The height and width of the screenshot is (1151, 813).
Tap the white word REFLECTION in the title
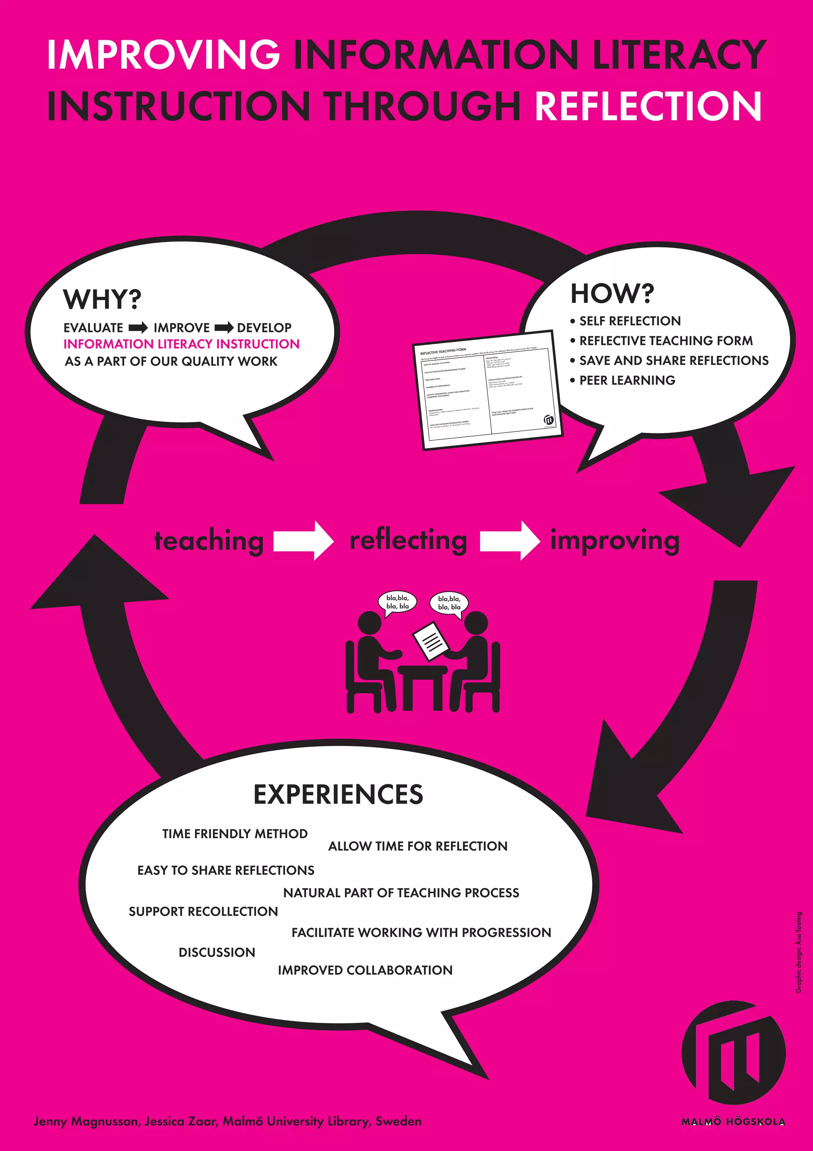648,106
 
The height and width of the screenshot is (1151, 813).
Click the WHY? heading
102,299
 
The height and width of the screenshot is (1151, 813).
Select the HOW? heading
612,294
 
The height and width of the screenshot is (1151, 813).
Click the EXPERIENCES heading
338,794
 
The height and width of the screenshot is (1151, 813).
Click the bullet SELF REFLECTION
630,321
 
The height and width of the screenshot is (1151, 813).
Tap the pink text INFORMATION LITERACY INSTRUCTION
181,344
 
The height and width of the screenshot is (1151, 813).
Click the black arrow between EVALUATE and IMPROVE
138,328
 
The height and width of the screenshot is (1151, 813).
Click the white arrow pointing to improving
509,540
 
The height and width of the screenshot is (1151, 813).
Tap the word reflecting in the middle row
408,540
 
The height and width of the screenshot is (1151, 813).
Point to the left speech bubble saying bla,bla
397,602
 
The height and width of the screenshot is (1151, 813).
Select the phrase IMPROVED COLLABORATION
365,970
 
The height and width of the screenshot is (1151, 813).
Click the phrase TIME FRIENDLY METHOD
235,834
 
